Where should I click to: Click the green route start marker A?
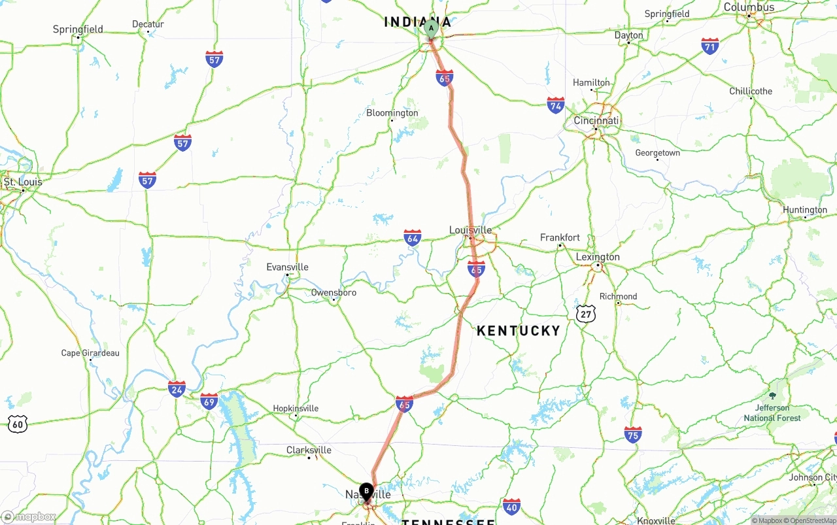click(431, 29)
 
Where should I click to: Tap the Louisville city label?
click(470, 230)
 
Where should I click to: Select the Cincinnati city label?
click(596, 121)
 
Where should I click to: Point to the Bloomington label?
click(392, 113)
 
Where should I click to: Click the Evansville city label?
click(287, 267)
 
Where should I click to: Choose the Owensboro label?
click(333, 293)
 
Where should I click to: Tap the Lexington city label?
click(597, 257)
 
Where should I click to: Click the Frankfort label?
click(560, 238)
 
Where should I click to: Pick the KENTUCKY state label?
click(519, 331)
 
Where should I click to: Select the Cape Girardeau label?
click(90, 353)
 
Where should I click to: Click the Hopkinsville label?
click(296, 409)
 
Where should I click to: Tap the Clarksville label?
click(309, 450)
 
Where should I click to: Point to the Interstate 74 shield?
click(556, 105)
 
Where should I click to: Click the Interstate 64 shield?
click(412, 237)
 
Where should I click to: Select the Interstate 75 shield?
click(632, 435)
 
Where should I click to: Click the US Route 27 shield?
click(586, 314)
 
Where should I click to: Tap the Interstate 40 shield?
click(512, 506)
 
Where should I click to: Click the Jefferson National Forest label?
click(772, 413)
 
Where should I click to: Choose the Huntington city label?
click(804, 210)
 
